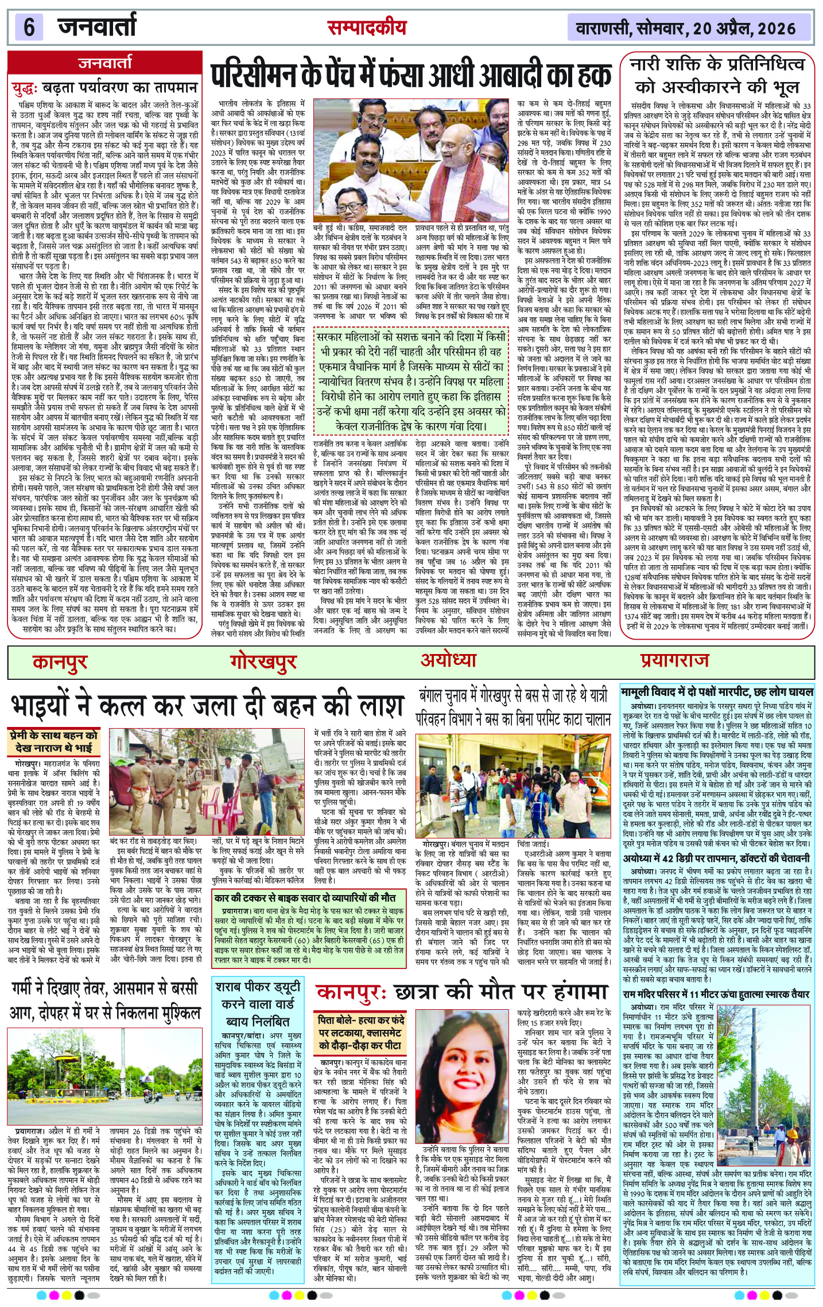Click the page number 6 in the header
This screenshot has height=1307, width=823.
point(29,28)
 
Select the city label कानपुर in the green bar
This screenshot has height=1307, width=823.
point(60,661)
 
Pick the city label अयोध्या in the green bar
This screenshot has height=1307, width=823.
point(448,660)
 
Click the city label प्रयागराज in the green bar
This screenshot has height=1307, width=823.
point(675,661)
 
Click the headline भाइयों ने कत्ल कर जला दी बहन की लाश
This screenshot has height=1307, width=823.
point(207,705)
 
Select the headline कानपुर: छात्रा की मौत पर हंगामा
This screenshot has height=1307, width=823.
point(462,993)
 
